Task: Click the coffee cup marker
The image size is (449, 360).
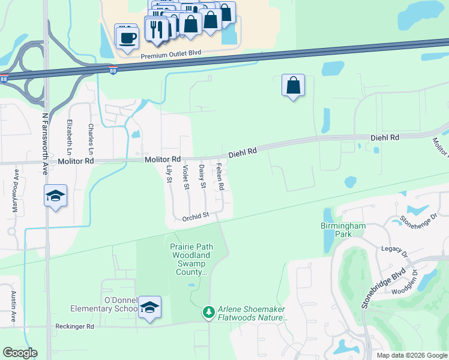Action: (127, 37)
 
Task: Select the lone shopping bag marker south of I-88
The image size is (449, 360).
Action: (293, 86)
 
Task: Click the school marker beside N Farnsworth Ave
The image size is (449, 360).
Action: (55, 196)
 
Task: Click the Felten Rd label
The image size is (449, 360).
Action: (220, 177)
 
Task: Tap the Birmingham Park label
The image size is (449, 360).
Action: (342, 230)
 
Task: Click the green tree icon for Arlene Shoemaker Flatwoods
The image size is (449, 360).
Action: (208, 312)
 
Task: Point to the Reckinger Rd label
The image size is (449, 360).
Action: (73, 327)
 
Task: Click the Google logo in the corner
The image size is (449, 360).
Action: (20, 353)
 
